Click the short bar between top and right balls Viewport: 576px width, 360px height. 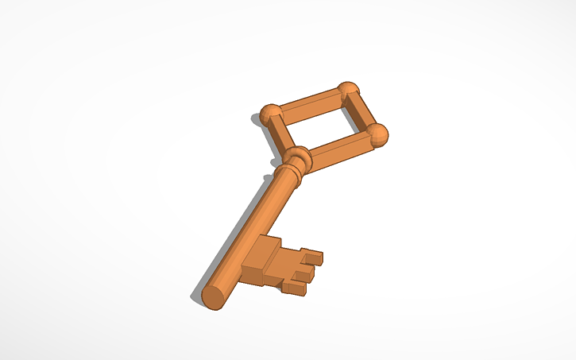(x=364, y=113)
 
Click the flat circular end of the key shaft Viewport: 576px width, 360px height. (x=213, y=296)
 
